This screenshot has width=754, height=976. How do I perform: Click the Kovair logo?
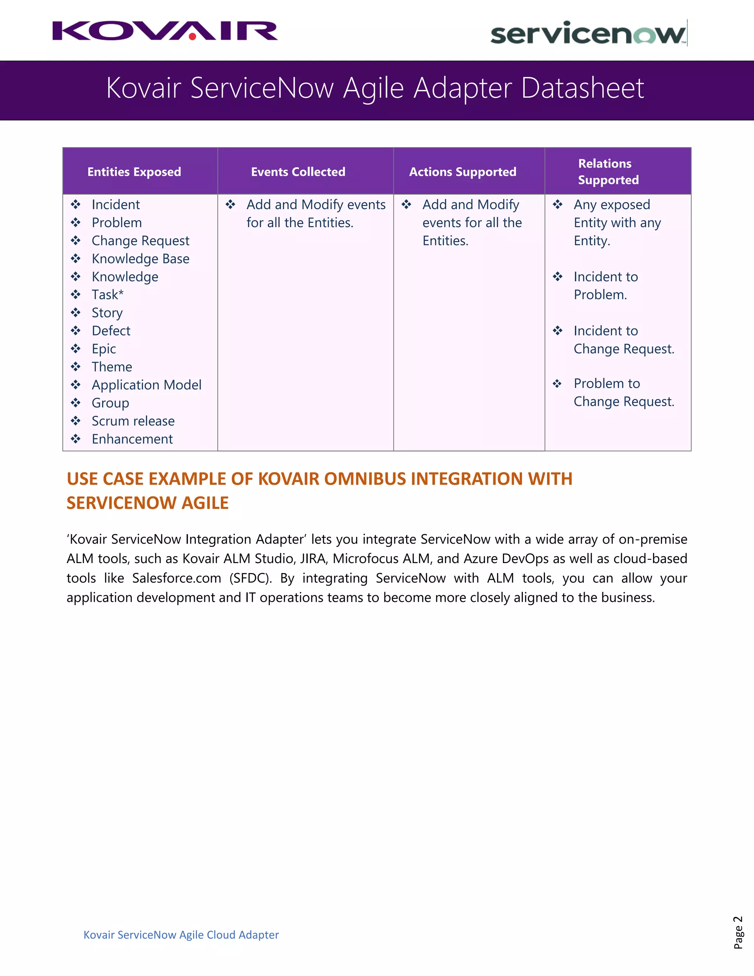[x=165, y=31]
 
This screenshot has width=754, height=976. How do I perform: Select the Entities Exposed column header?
[x=134, y=172]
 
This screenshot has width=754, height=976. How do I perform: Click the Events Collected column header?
[x=298, y=172]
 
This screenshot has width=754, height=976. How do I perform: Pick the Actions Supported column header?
[x=462, y=172]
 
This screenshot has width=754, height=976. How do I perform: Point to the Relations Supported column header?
[x=608, y=172]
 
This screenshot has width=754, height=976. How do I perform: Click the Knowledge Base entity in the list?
[x=140, y=259]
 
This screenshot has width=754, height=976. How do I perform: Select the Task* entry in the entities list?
[x=107, y=295]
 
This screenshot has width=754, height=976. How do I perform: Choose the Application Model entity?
[x=147, y=385]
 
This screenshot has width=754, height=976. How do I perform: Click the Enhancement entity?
[x=132, y=439]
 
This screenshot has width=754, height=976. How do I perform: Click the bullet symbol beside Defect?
[x=76, y=331]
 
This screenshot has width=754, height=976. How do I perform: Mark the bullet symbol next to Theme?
[x=76, y=367]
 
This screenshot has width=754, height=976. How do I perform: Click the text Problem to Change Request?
[x=624, y=392]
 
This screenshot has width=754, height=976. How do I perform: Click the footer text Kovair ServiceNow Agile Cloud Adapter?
[x=181, y=935]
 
